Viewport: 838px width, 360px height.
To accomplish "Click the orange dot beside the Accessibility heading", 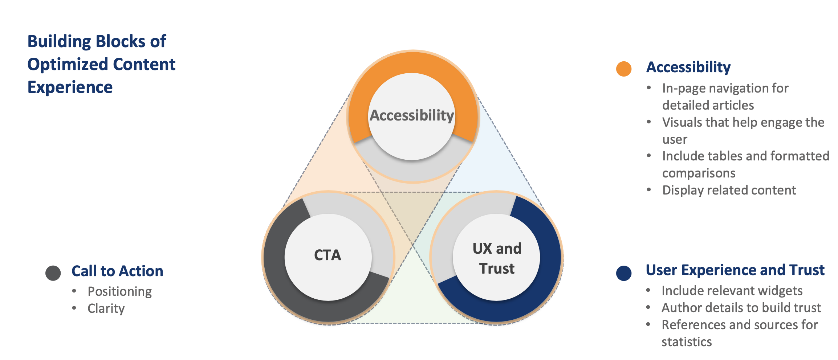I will pos(624,69).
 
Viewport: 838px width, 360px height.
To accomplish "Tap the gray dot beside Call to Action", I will pos(53,273).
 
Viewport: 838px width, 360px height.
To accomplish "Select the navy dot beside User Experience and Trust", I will pos(624,273).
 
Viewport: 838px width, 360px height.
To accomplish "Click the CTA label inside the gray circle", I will pos(328,255).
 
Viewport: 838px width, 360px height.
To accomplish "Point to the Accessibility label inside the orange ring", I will pos(412,115).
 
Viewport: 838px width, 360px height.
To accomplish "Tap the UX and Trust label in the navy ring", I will pos(497,258).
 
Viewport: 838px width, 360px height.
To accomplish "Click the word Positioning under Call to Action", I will pos(120,291).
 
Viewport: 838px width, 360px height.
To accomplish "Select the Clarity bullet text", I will pos(106,308).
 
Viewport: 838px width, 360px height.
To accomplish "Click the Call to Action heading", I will pos(117,271).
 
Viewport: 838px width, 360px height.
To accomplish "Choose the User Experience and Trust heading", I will pos(735,270).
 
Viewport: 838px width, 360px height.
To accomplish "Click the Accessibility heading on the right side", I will pos(688,67).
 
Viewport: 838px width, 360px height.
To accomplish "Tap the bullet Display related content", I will pos(729,190).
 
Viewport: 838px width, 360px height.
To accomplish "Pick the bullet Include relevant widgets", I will pos(732,291).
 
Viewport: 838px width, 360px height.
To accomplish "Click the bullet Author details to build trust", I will pos(741,308).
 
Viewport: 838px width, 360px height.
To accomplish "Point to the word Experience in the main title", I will pos(70,87).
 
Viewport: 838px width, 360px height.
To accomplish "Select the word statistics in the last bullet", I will pos(687,342).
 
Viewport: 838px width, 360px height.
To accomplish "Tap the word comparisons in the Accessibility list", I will pos(699,173).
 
